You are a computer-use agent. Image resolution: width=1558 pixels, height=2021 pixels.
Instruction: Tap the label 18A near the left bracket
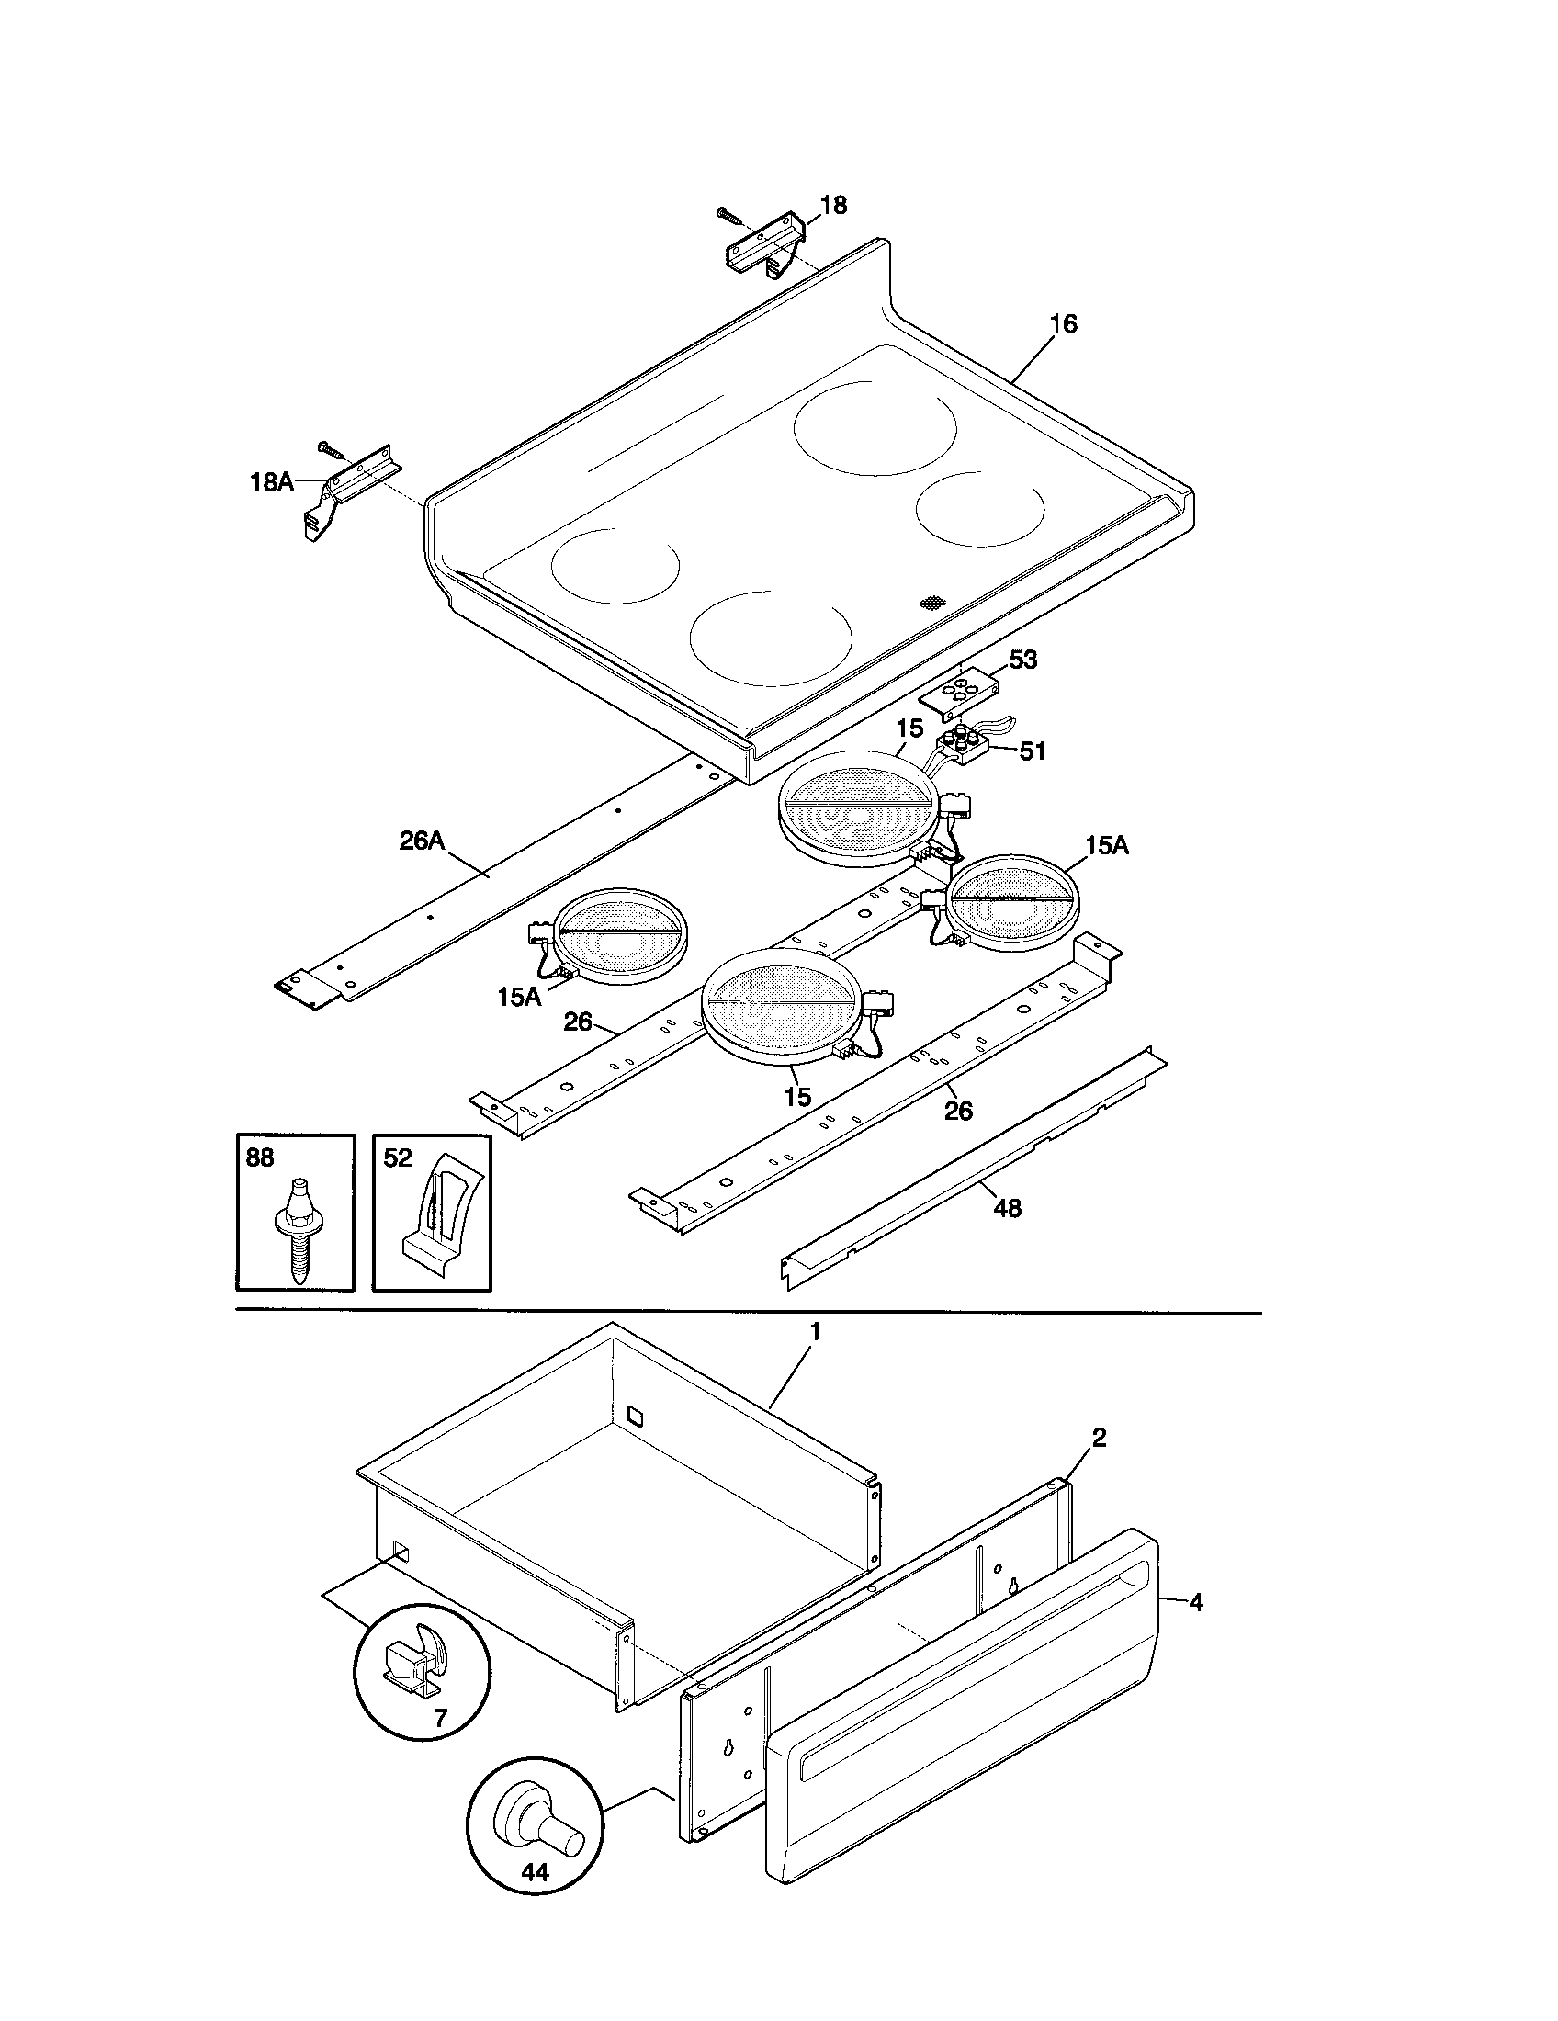(x=271, y=481)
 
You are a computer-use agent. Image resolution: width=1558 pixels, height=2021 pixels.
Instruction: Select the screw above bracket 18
(x=729, y=216)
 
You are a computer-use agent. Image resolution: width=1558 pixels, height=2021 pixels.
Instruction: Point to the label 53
(x=1022, y=660)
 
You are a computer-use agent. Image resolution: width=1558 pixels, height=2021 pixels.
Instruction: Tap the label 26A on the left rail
(x=422, y=841)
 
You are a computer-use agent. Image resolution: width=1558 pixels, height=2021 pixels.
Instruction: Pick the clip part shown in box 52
(x=431, y=1214)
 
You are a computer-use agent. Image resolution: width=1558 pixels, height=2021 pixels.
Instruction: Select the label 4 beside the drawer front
(x=1196, y=1602)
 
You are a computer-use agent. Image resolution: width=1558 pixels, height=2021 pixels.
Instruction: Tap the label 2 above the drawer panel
(x=1099, y=1437)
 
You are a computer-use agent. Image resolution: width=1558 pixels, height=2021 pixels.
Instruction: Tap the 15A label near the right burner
(x=1107, y=845)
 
